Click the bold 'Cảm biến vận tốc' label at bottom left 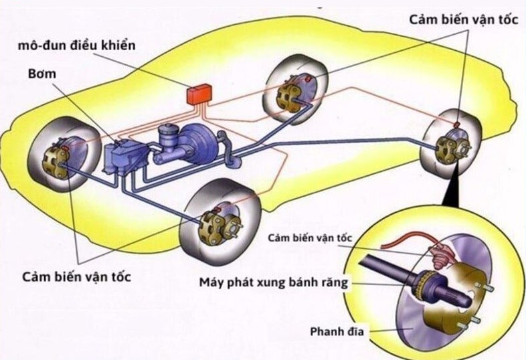(x=76, y=276)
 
